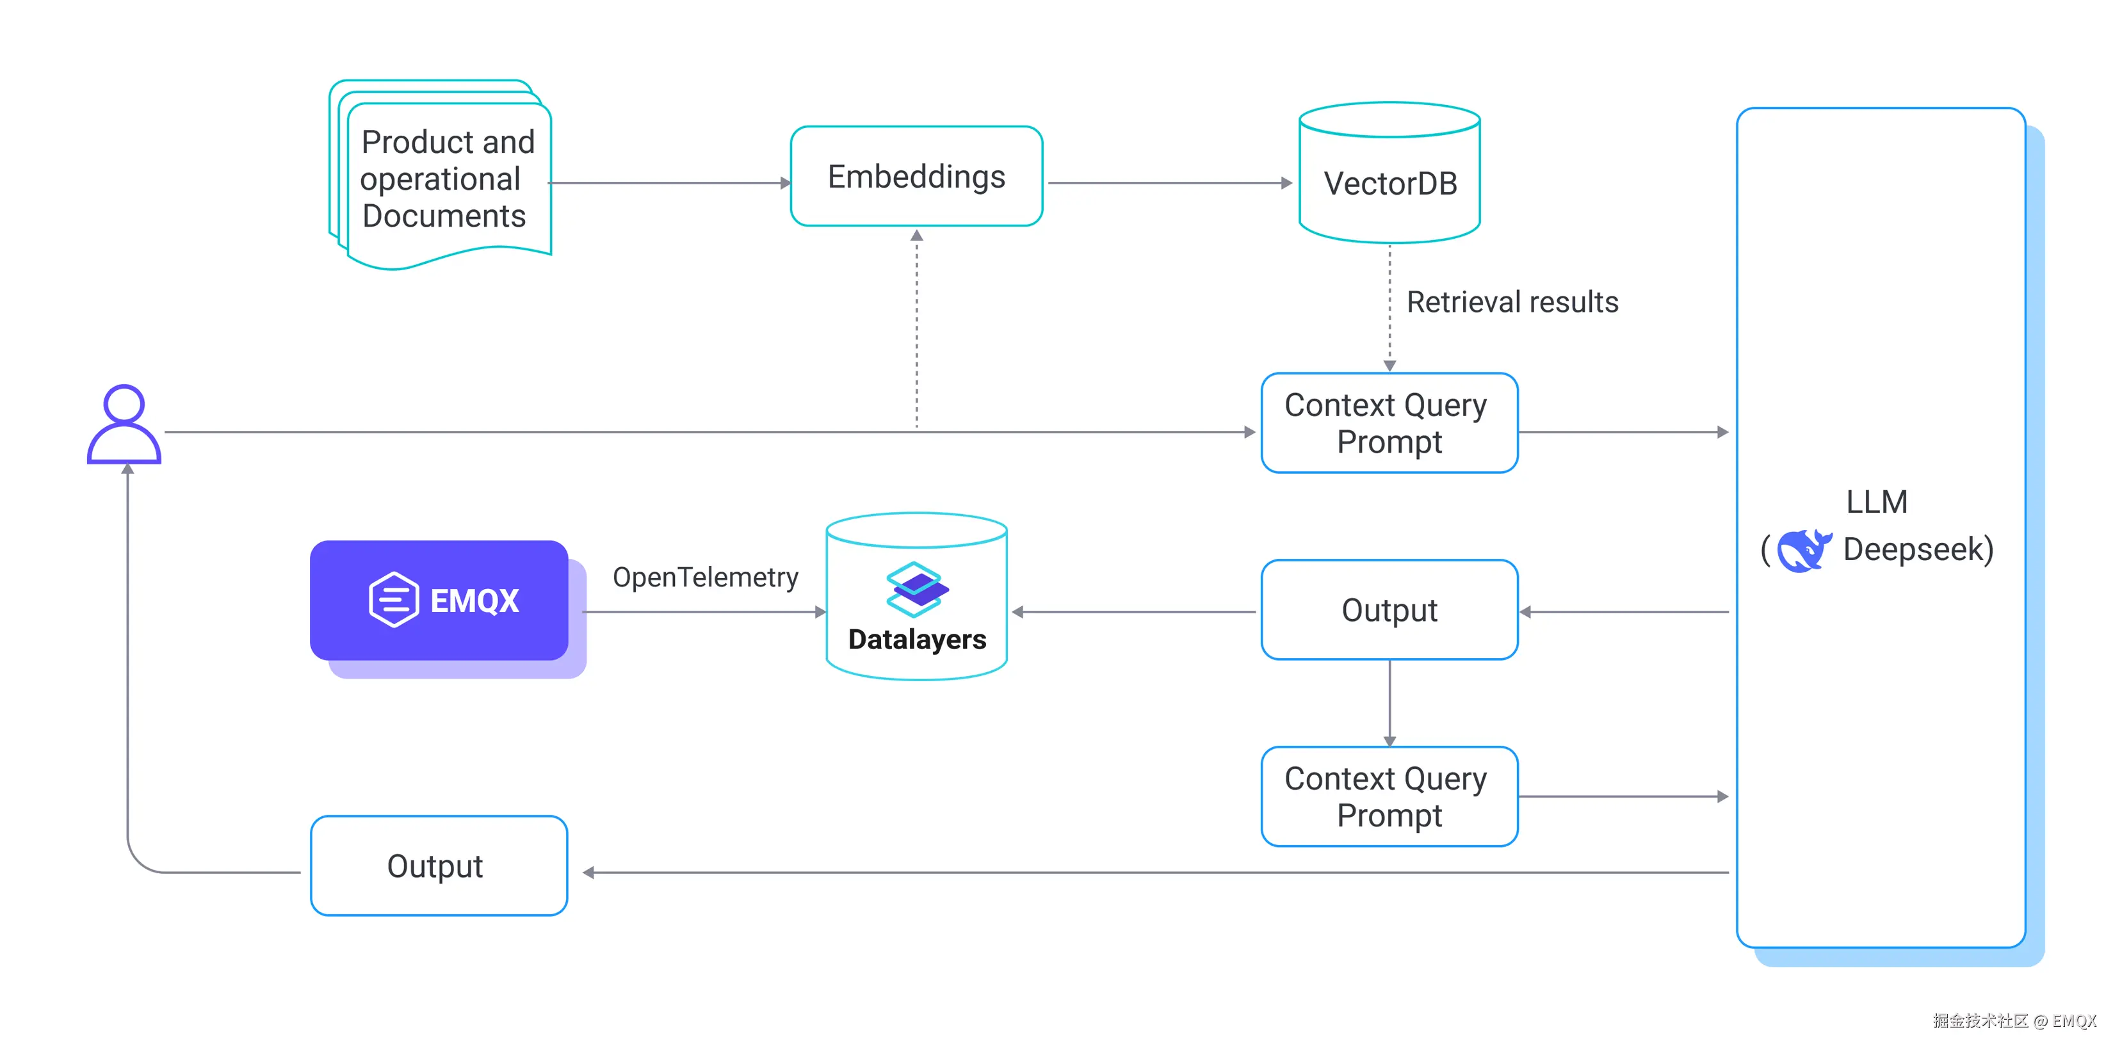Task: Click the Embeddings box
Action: point(916,176)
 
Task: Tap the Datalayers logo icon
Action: point(917,589)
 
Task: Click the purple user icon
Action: point(124,425)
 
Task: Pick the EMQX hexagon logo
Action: point(394,600)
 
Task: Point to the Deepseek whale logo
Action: point(1803,550)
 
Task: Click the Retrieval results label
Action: point(1512,302)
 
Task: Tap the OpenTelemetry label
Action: point(705,577)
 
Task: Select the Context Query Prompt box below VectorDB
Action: point(1389,423)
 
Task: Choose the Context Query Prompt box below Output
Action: point(1389,796)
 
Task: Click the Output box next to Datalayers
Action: point(1389,610)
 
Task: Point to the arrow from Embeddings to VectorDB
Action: point(1170,183)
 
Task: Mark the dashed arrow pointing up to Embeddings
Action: point(917,330)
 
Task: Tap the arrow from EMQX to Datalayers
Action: point(704,612)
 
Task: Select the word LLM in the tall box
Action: point(1877,501)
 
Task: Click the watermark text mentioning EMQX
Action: point(2014,1021)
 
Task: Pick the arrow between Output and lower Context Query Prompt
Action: point(1389,702)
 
